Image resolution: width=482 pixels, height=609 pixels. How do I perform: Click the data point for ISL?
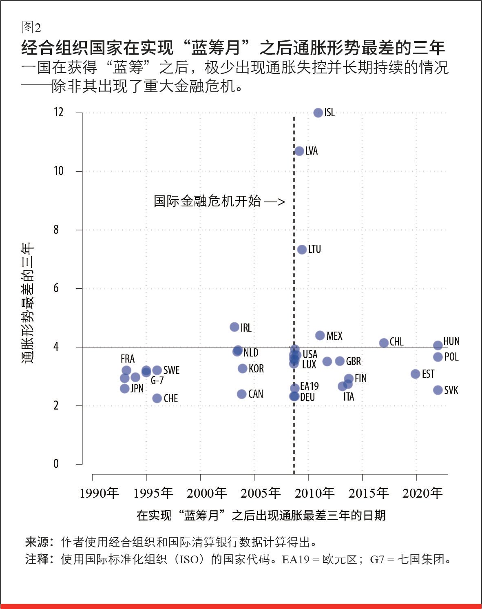(318, 113)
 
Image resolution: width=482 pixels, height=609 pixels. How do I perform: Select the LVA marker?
(299, 151)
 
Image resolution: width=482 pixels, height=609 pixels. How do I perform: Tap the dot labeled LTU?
(302, 249)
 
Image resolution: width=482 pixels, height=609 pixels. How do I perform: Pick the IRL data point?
(234, 327)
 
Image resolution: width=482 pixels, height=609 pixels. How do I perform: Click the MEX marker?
(320, 335)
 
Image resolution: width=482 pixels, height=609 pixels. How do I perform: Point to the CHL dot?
(384, 343)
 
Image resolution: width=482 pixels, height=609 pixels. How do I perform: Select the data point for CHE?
(157, 398)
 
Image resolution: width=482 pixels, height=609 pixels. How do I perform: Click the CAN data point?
(242, 394)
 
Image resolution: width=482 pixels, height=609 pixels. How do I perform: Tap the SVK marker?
(438, 390)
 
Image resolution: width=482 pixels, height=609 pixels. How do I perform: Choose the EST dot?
(415, 374)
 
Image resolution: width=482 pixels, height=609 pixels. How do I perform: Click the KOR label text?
(256, 369)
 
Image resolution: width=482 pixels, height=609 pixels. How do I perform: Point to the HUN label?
(451, 341)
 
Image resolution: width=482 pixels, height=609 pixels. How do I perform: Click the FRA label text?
(128, 359)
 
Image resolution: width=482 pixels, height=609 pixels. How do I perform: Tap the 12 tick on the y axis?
(59, 113)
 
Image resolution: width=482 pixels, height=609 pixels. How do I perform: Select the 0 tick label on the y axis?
(56, 464)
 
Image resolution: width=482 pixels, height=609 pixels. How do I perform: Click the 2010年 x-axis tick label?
(314, 493)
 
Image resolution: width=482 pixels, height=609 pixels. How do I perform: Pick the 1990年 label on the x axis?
(99, 493)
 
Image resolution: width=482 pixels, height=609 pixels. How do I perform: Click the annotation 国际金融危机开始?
(207, 201)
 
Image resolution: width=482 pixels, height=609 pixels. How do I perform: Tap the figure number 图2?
(31, 28)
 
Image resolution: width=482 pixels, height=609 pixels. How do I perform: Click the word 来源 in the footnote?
(38, 542)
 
